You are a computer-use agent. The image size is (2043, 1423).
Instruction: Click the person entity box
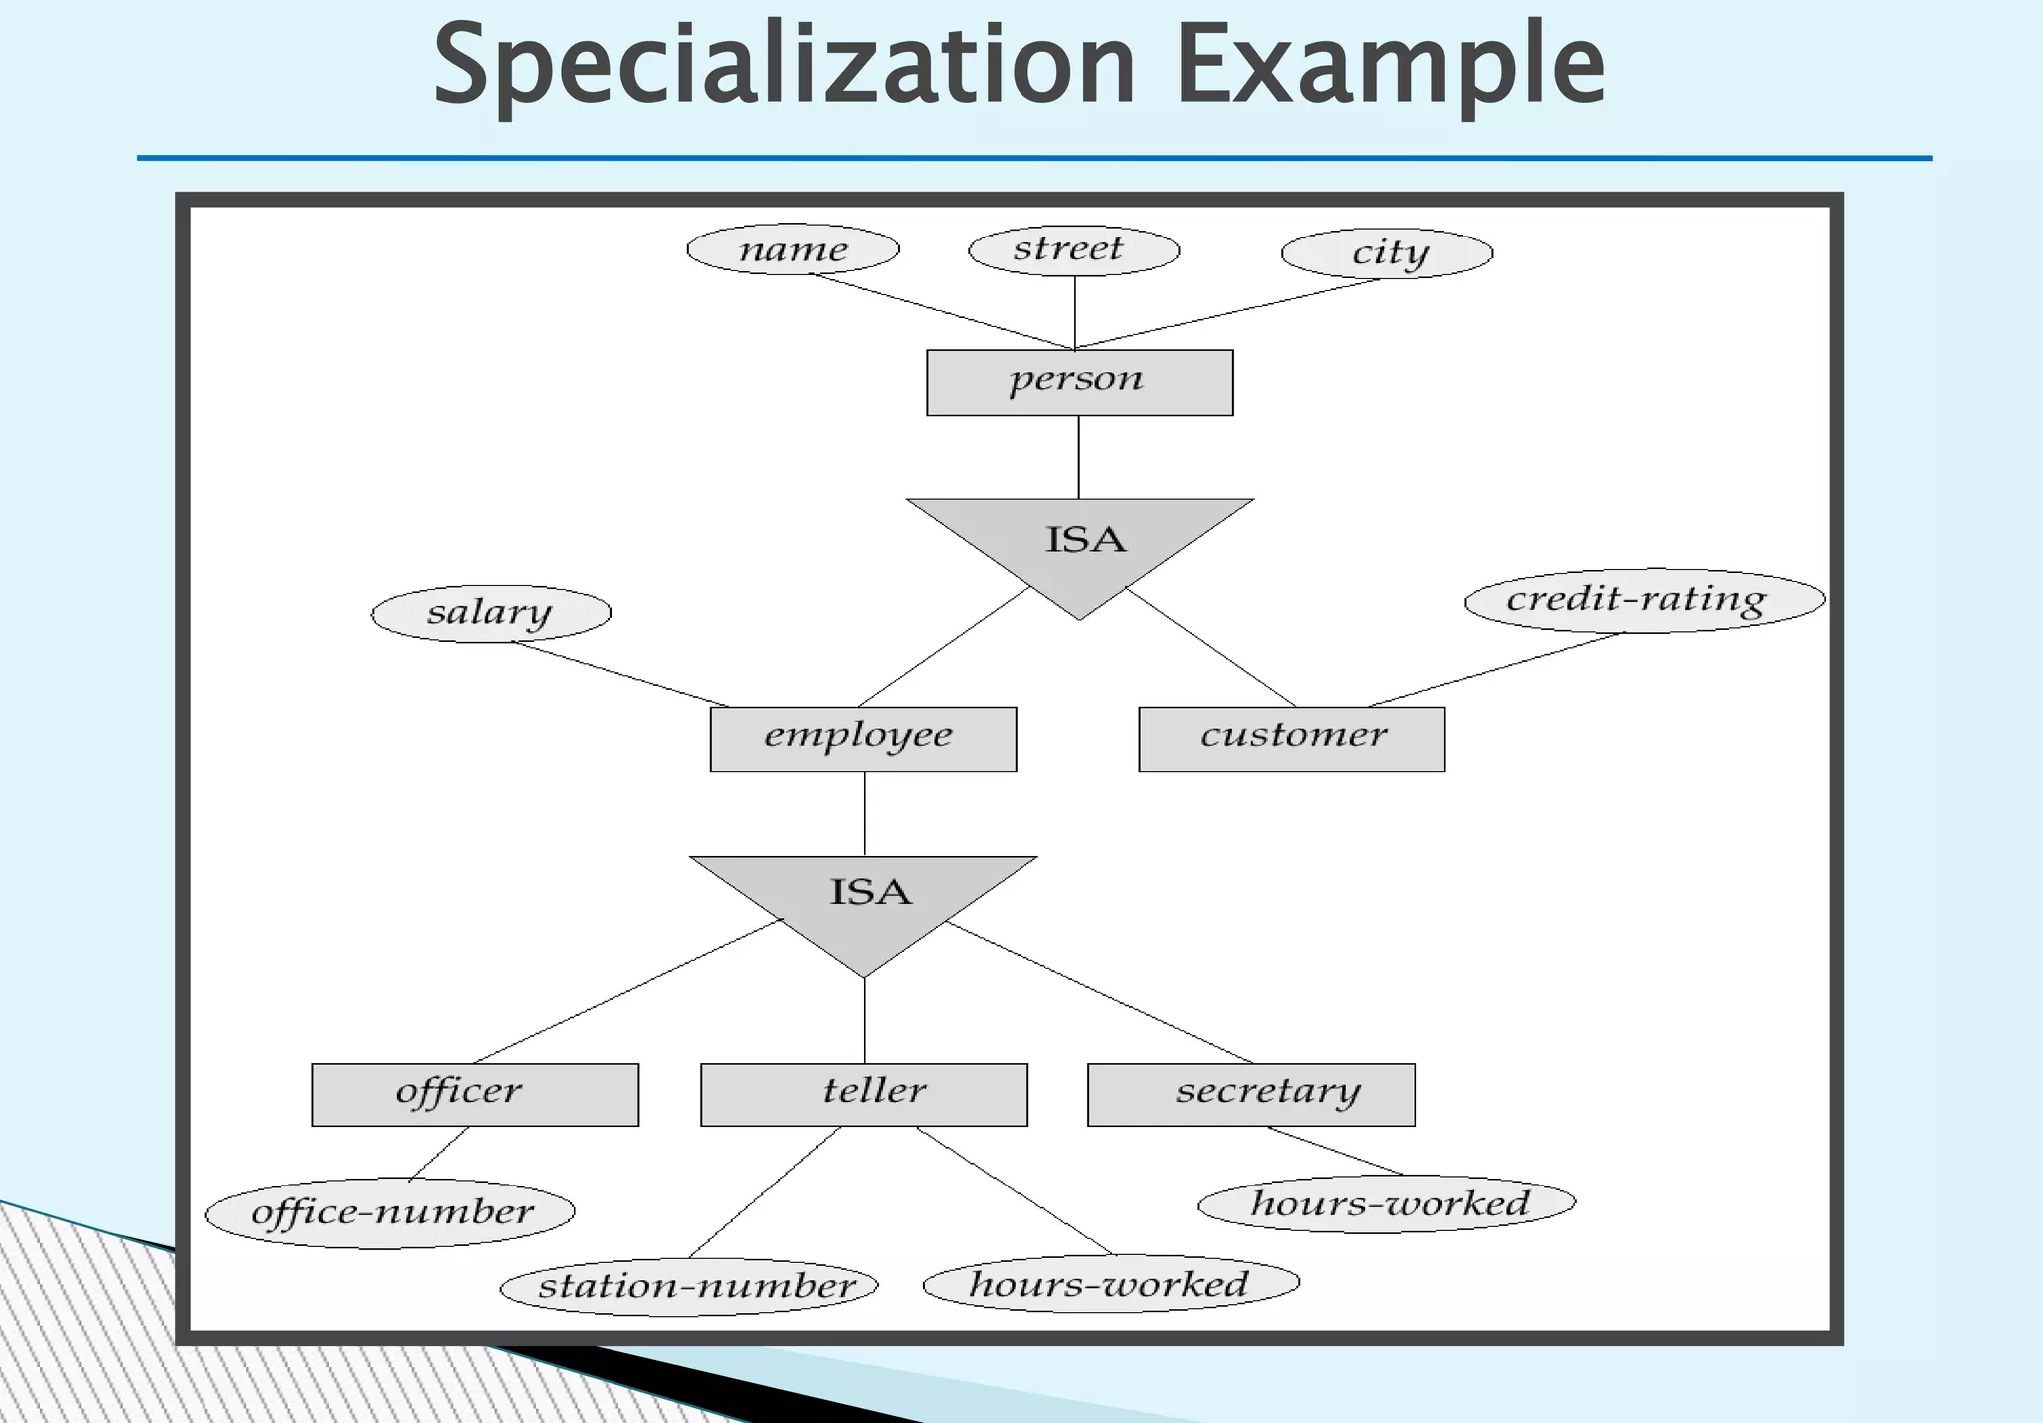[1079, 382]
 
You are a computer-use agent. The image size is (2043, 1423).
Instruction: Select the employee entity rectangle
[863, 738]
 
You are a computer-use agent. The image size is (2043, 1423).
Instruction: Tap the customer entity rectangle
[1292, 738]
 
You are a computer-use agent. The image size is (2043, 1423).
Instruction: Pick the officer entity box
[475, 1094]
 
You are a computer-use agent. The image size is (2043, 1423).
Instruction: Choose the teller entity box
[864, 1094]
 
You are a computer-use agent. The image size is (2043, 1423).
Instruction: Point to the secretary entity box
[1251, 1094]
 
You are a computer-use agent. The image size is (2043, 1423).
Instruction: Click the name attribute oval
[793, 249]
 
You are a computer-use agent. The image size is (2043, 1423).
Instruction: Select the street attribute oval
[1074, 249]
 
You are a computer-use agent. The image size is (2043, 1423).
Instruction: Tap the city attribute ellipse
[1387, 253]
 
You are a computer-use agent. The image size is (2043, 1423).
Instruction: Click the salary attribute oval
[491, 613]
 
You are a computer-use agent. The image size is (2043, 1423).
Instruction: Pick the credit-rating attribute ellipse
[1644, 600]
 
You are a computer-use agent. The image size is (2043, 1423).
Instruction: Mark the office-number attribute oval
[390, 1213]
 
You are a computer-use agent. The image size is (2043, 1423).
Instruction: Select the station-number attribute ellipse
[688, 1286]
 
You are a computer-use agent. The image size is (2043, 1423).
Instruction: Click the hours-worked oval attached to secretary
[1387, 1203]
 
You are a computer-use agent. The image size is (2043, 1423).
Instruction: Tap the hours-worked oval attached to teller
[1111, 1283]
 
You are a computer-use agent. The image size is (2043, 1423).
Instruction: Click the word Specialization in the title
[783, 65]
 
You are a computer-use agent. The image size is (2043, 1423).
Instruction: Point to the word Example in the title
[1391, 65]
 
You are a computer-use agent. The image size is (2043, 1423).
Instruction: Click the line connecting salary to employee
[620, 674]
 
